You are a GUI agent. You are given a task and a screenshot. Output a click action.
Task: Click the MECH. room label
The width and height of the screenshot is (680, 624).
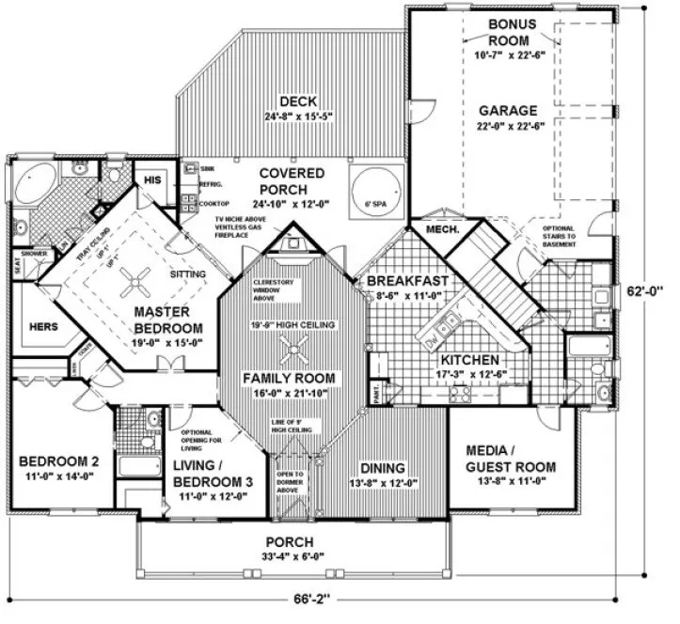(x=442, y=229)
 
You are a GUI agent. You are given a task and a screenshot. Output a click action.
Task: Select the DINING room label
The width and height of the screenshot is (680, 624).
(x=381, y=468)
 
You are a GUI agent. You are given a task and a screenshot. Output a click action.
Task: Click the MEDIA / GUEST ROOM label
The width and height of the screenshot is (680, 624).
(x=511, y=458)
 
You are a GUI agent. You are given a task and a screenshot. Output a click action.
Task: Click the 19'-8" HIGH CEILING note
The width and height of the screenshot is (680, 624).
(x=295, y=324)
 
